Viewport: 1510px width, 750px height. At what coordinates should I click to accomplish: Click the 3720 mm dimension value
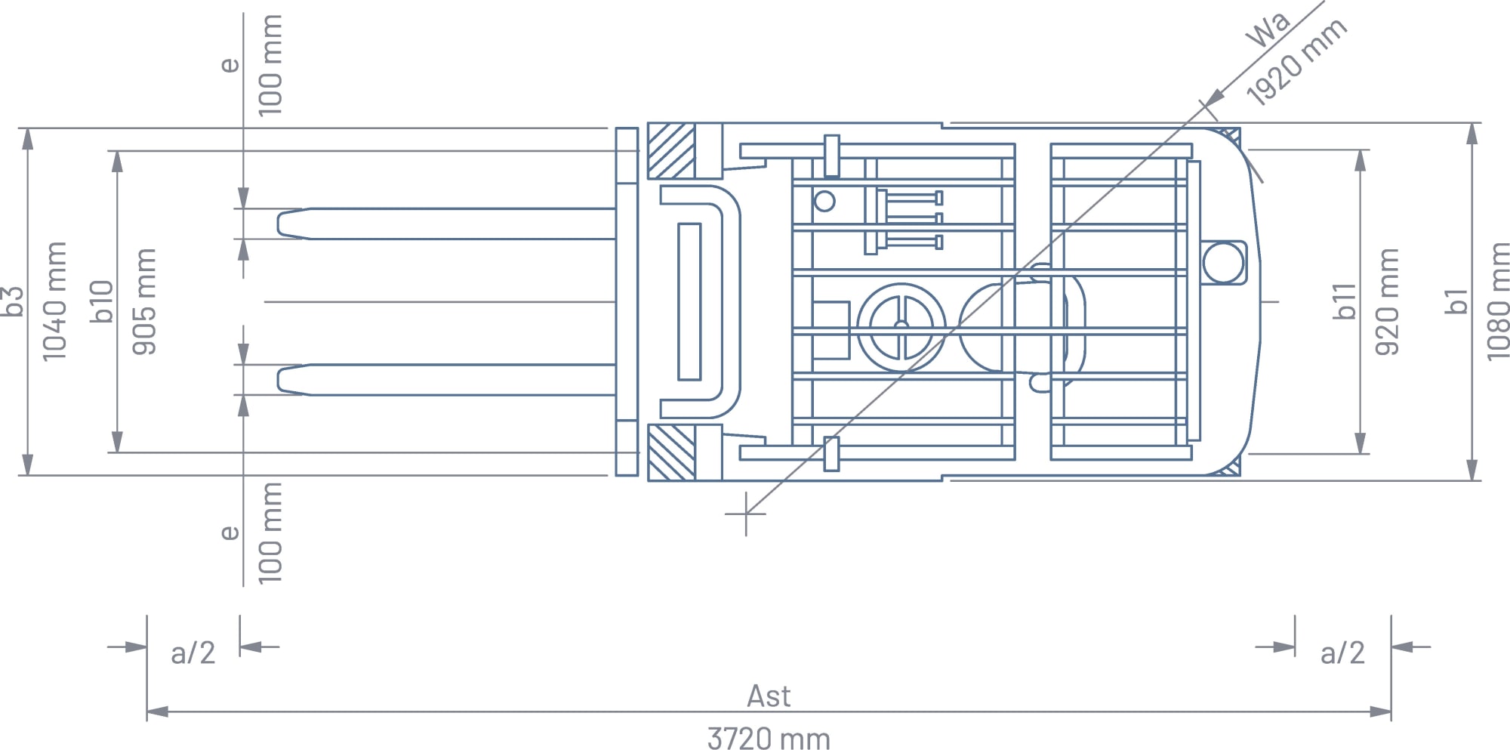(x=769, y=738)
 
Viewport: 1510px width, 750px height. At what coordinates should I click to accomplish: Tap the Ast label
(x=769, y=696)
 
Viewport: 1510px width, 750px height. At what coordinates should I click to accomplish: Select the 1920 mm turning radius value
(x=1296, y=62)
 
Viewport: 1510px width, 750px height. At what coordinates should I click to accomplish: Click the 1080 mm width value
(x=1497, y=301)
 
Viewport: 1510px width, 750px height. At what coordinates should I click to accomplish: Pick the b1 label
(x=1456, y=301)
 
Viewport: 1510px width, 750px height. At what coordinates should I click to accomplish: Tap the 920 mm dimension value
(x=1387, y=301)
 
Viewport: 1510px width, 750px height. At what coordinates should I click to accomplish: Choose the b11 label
(x=1345, y=301)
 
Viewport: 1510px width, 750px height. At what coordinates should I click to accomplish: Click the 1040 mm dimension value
(x=54, y=301)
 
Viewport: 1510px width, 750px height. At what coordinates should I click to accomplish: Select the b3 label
(x=13, y=301)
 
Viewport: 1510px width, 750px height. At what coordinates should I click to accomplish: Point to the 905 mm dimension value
(x=143, y=301)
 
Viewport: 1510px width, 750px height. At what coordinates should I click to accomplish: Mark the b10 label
(x=101, y=301)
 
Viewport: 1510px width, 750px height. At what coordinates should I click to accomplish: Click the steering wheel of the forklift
(x=901, y=327)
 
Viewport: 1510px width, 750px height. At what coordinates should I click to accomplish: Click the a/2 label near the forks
(x=193, y=653)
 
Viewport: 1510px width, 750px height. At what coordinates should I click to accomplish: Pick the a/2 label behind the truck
(x=1342, y=653)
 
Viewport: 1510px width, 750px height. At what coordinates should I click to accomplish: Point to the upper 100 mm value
(x=270, y=66)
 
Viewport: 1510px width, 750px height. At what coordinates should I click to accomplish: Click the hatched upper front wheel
(x=671, y=151)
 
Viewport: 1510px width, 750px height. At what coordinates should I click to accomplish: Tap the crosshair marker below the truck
(x=746, y=514)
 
